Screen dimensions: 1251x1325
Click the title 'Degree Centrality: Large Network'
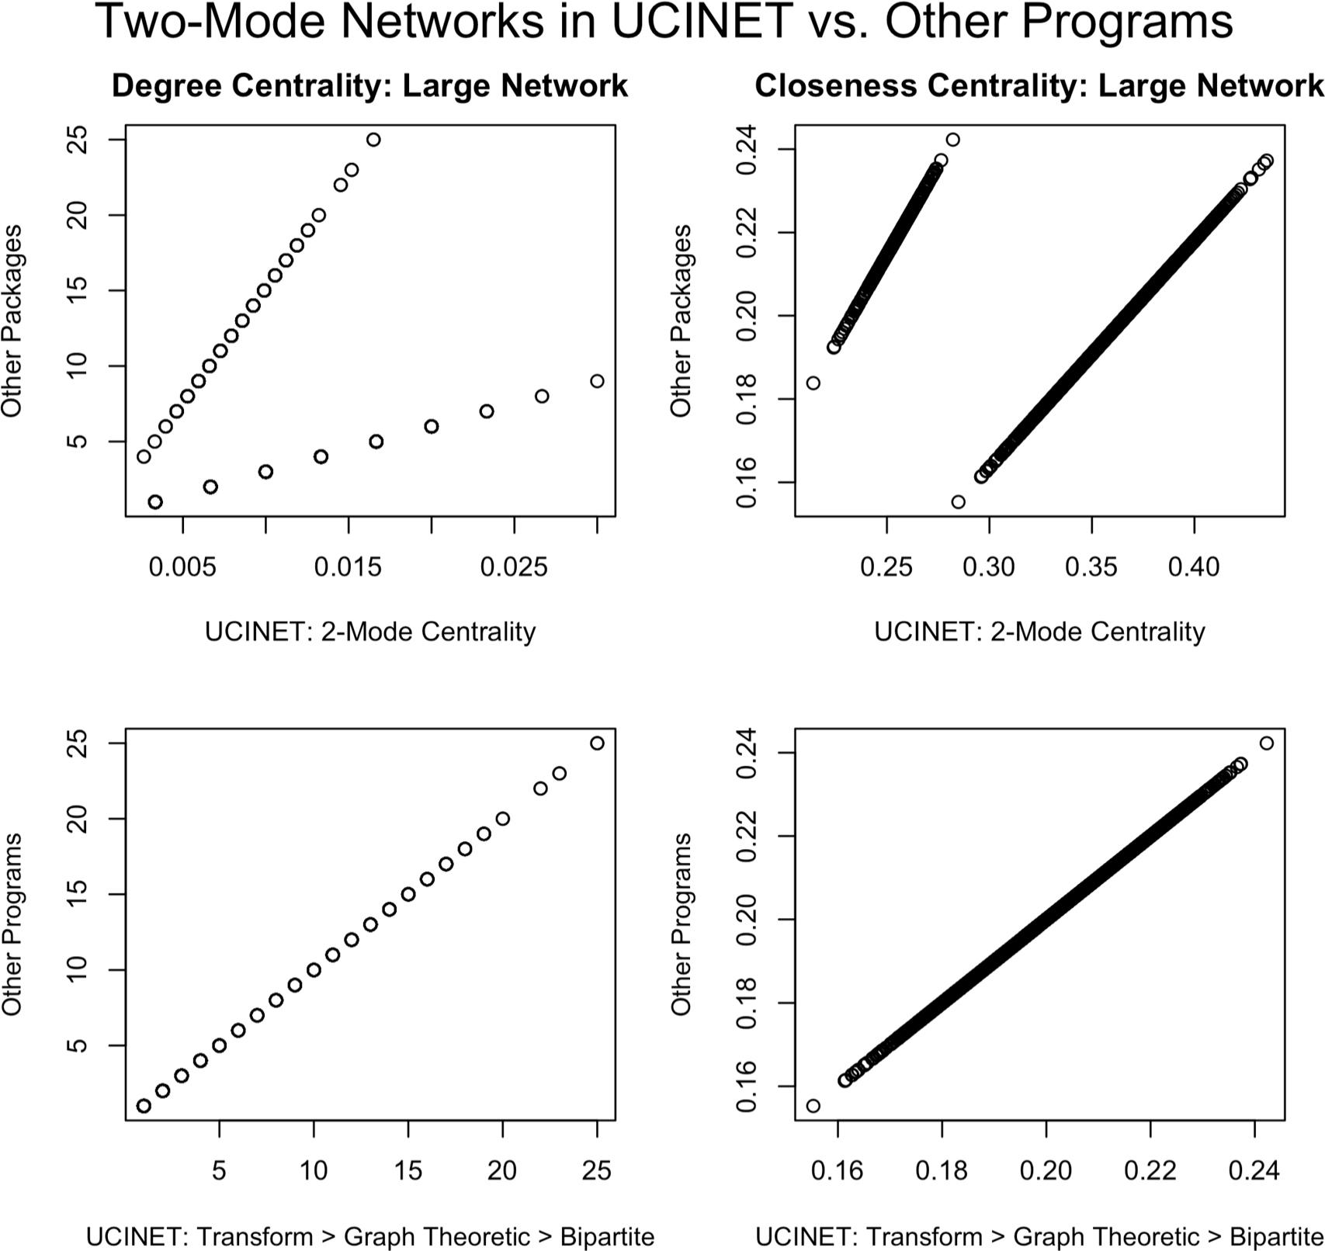[369, 86]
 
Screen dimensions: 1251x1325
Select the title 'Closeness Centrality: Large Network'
[1039, 86]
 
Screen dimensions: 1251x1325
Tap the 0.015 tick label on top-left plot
[348, 567]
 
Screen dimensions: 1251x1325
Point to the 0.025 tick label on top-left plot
[514, 567]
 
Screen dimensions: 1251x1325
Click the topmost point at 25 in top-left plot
[373, 140]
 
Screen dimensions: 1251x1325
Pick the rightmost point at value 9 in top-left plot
[597, 381]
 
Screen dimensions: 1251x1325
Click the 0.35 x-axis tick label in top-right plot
[1091, 567]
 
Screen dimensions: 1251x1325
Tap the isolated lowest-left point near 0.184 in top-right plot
[813, 383]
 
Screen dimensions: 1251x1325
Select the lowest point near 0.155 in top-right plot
[959, 502]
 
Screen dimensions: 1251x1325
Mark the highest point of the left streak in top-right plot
[953, 140]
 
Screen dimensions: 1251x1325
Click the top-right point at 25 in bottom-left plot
[597, 743]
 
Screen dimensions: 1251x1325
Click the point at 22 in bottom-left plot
[540, 788]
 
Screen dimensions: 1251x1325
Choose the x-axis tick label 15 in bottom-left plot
[408, 1170]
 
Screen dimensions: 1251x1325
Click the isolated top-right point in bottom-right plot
[1267, 743]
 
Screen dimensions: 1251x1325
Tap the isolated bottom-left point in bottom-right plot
[813, 1106]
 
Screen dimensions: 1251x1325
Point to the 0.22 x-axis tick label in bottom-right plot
[1150, 1170]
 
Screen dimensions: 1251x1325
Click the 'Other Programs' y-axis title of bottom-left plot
[12, 924]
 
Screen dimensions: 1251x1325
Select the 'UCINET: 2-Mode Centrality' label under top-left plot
[369, 632]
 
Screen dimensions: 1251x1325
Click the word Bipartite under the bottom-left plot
[607, 1236]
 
